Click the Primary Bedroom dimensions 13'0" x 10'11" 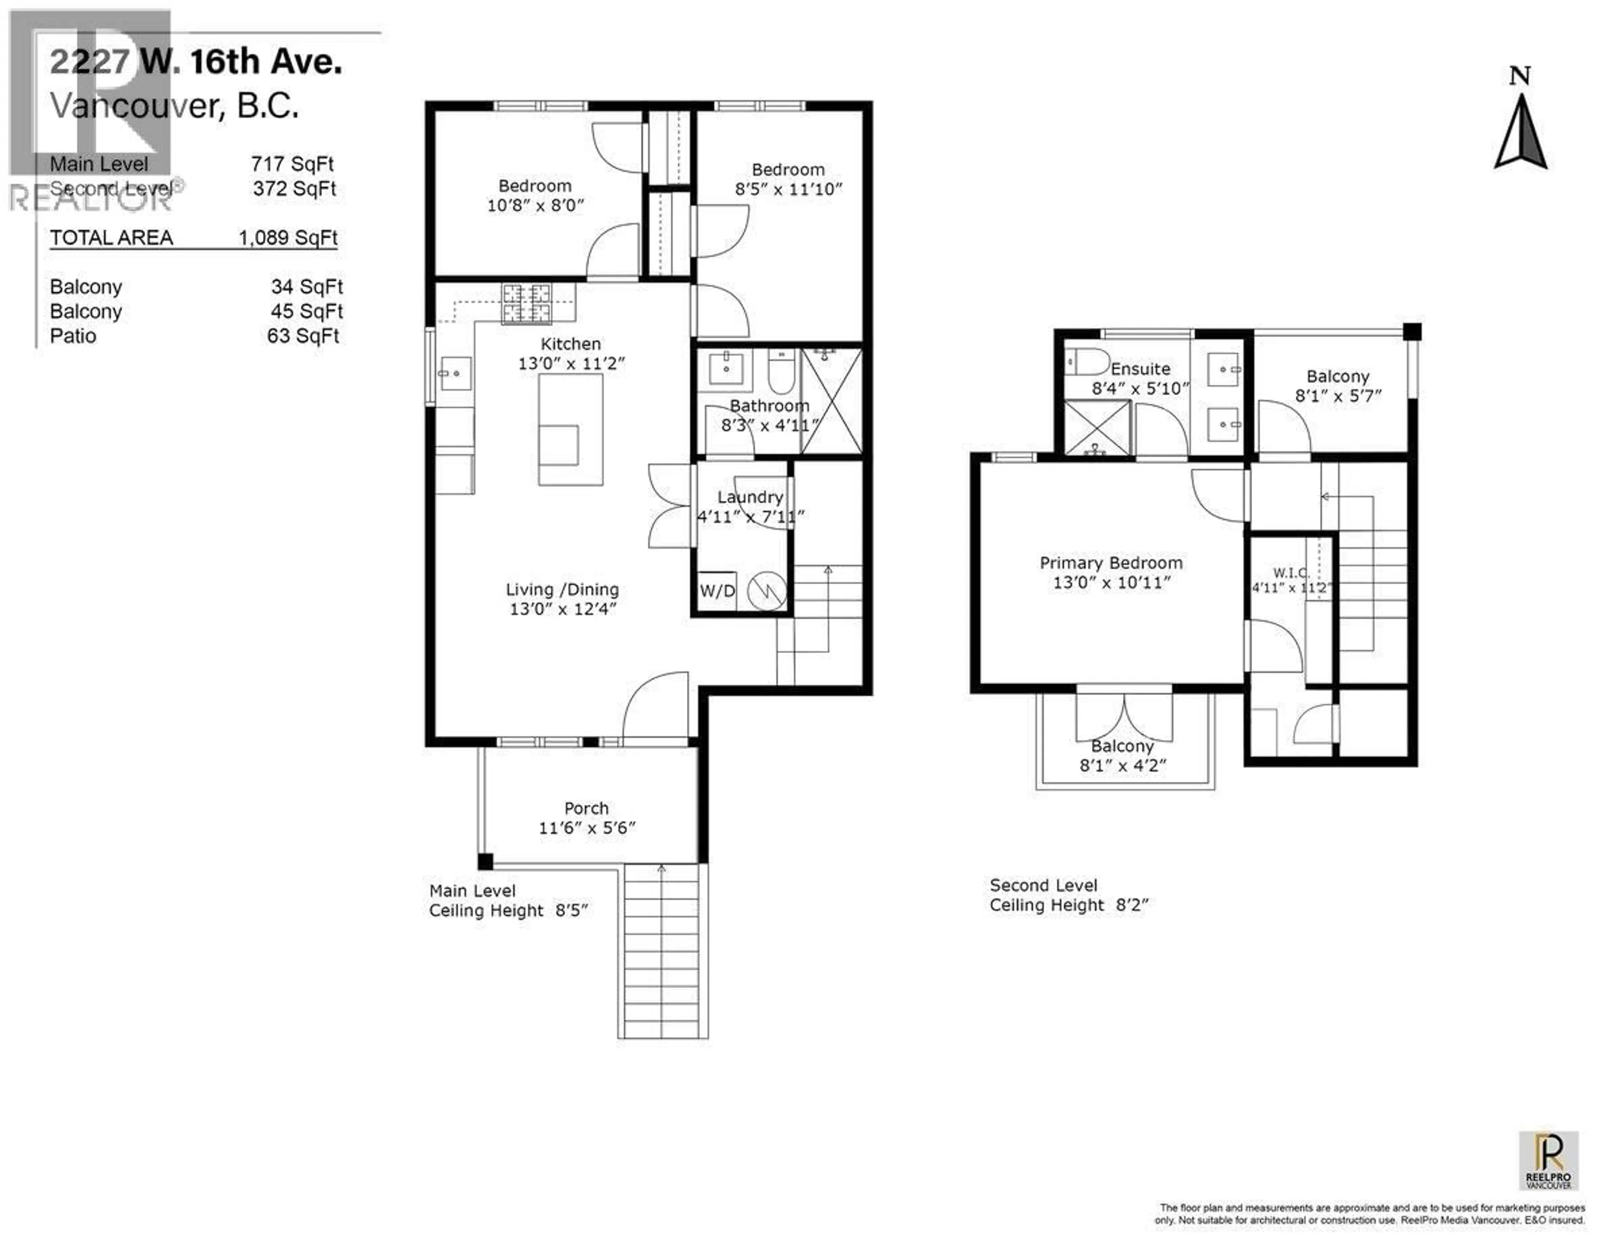(1111, 583)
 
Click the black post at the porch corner (485, 862)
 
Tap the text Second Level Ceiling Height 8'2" (1068, 895)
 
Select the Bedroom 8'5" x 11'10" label (788, 179)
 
